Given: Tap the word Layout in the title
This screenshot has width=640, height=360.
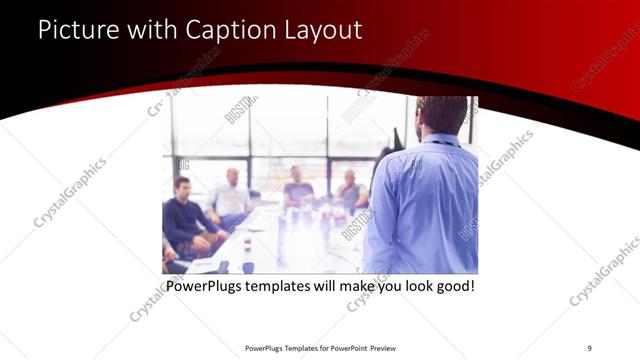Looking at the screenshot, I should [323, 30].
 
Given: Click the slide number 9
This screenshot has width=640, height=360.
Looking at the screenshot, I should [589, 347].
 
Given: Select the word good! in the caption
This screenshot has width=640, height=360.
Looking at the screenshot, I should [450, 287].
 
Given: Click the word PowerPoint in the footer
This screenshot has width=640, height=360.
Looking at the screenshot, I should [343, 347].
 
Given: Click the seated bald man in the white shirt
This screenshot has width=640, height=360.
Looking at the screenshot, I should [231, 195].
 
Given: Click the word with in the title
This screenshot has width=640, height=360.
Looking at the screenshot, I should [149, 30].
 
